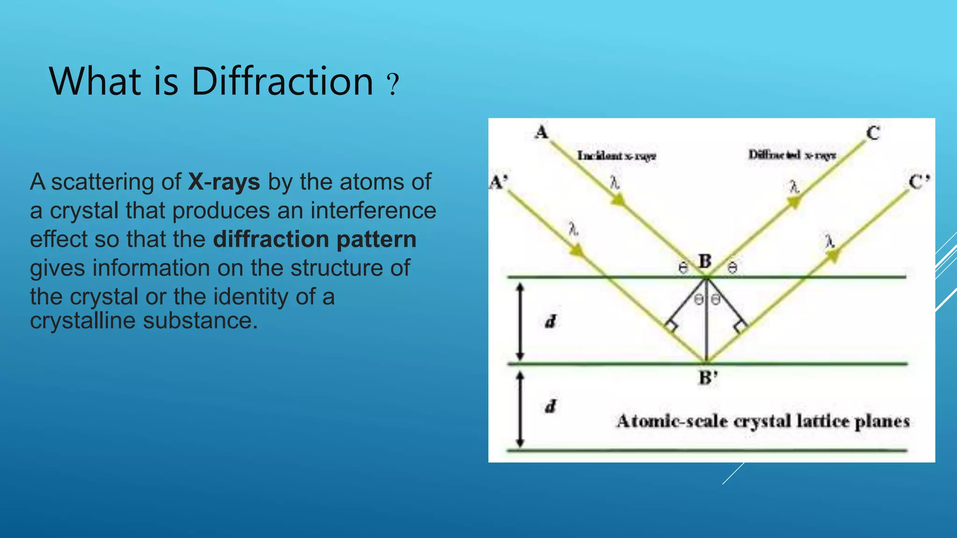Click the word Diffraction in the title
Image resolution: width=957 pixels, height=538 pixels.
click(x=282, y=81)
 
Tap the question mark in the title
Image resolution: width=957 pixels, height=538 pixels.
click(x=393, y=84)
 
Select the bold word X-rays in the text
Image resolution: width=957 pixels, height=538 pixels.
click(x=224, y=182)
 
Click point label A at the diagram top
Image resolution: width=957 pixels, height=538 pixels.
click(x=542, y=132)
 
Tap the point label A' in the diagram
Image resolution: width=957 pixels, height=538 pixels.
click(x=498, y=182)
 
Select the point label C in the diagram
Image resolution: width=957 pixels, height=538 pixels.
click(x=873, y=133)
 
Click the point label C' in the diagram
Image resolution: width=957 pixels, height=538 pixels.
click(x=919, y=182)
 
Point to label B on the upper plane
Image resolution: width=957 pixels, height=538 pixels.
click(x=705, y=261)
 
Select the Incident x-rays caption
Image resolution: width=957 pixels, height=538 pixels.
click(x=616, y=156)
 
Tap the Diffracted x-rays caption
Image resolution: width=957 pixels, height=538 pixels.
click(x=792, y=155)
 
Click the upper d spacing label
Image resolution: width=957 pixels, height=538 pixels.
click(x=551, y=321)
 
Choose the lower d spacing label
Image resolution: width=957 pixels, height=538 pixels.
click(x=551, y=406)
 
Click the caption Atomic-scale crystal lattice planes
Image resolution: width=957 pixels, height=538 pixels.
click(x=763, y=421)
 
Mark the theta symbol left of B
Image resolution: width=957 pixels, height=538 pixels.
click(x=683, y=268)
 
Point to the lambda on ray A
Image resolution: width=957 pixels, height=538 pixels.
click(x=614, y=183)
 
